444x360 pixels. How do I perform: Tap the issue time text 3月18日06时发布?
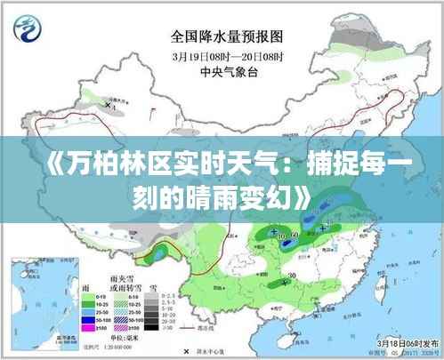tap(399, 342)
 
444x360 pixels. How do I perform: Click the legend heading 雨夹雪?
tap(114, 278)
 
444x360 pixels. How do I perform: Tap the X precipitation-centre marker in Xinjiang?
tap(108, 104)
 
